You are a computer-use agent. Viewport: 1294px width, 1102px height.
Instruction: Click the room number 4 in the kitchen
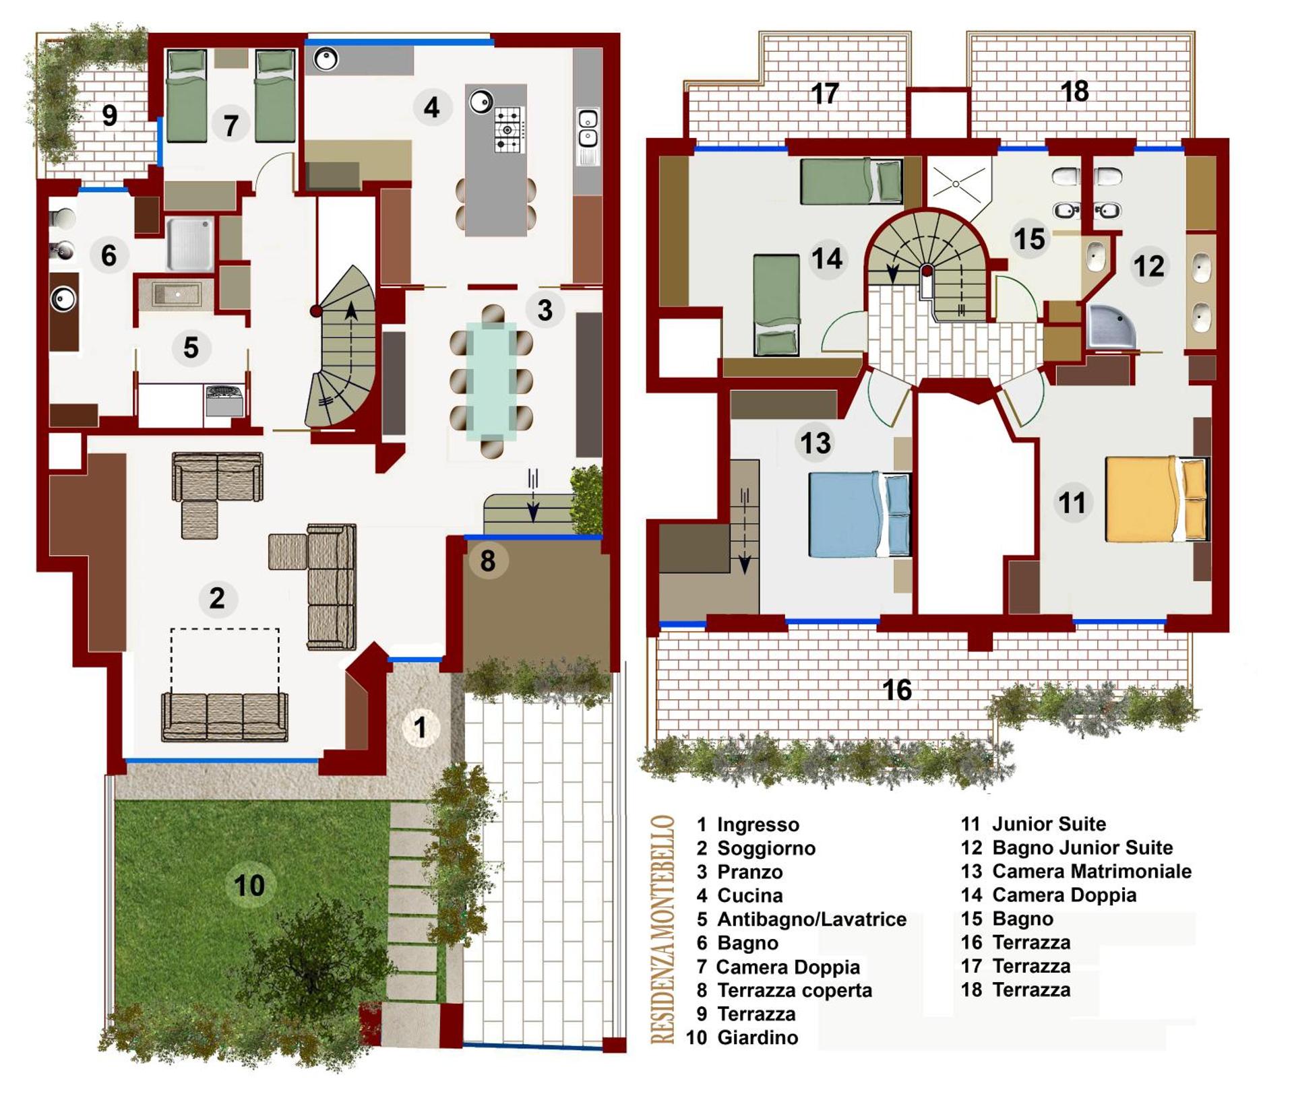[x=431, y=107]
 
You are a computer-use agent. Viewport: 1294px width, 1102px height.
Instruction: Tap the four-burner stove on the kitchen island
[x=509, y=129]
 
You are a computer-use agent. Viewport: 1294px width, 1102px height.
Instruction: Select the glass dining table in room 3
[x=491, y=381]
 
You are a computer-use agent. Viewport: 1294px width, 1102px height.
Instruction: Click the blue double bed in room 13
[x=858, y=515]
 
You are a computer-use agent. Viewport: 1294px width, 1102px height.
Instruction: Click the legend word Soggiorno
[x=766, y=848]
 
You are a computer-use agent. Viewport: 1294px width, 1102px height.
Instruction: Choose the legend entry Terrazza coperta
[x=794, y=990]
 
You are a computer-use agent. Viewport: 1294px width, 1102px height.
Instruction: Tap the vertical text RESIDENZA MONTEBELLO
[x=663, y=929]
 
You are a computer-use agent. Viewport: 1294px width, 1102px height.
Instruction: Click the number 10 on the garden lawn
[x=249, y=885]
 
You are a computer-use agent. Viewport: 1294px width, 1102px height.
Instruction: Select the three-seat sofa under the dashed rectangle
[x=224, y=717]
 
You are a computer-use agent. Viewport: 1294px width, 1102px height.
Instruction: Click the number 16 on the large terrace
[x=896, y=689]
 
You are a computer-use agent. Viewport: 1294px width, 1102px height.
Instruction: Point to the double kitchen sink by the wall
[x=588, y=137]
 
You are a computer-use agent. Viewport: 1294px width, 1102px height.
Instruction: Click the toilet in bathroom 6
[x=63, y=218]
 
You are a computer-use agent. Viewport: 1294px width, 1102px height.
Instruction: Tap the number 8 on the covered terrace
[x=487, y=560]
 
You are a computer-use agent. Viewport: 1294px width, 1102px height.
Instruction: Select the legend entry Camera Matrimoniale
[x=1091, y=871]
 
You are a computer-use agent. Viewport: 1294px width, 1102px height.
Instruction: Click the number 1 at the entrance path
[x=420, y=727]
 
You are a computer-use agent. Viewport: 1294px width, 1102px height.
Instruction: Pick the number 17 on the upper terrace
[x=824, y=94]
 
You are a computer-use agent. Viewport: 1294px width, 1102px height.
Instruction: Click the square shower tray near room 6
[x=190, y=243]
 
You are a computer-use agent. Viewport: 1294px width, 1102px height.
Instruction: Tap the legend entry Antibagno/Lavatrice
[x=811, y=919]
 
